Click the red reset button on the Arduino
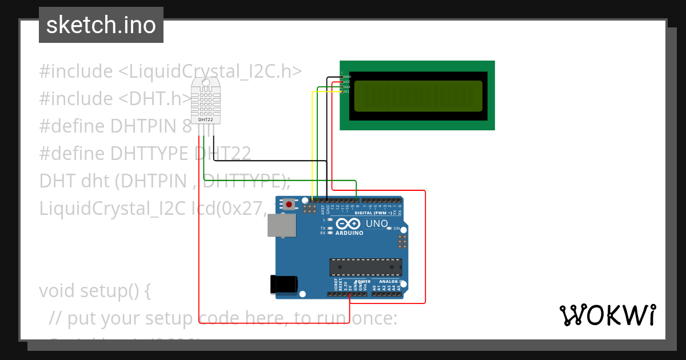[290, 204]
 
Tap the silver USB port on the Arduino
[282, 226]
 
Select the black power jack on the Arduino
[284, 284]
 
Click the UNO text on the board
[376, 223]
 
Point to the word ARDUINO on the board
[349, 233]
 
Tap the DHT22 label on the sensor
[205, 120]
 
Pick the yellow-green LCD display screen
[417, 95]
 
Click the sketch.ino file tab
[101, 25]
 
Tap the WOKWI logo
[608, 315]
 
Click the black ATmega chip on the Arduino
[365, 266]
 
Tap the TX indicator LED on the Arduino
[330, 228]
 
